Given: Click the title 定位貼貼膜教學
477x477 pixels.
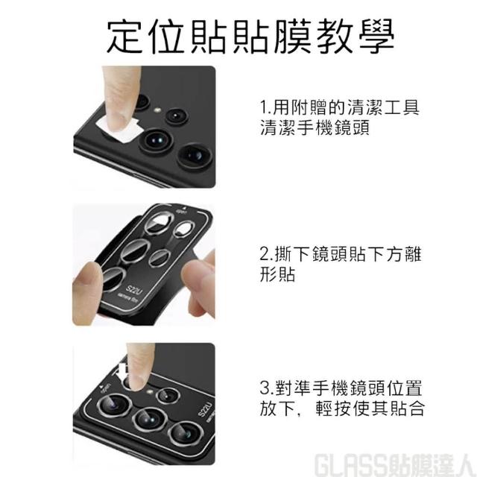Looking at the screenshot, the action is [x=250, y=36].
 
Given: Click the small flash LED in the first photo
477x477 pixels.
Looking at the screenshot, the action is [x=157, y=110].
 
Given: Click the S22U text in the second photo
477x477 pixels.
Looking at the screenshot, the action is [x=134, y=290].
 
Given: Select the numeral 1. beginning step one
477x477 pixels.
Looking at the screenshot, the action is [x=266, y=107].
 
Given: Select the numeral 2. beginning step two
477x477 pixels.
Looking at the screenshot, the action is [x=267, y=254].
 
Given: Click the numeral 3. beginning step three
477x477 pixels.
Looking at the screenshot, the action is [x=267, y=388].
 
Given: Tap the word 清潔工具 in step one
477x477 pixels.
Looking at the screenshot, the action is [x=384, y=107].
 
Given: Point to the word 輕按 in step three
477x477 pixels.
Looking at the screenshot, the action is [x=334, y=408].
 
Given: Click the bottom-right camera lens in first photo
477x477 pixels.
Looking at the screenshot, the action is [x=194, y=155].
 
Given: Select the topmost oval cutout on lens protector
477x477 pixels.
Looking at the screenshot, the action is [x=159, y=224].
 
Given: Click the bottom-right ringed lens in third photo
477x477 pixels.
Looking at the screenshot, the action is [x=186, y=433].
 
